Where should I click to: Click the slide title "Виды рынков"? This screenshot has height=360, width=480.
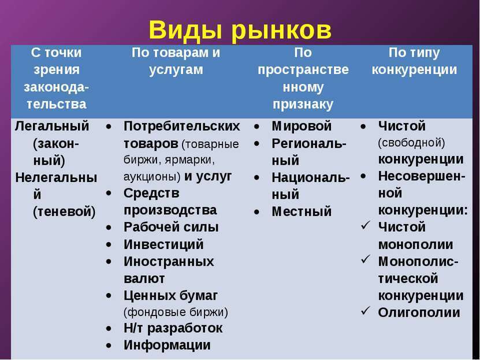240,30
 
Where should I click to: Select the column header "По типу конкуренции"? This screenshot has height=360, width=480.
414,61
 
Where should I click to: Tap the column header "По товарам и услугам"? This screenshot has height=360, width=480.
176,61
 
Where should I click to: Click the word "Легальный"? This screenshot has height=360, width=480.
52,127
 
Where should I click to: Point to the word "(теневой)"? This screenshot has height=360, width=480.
64,212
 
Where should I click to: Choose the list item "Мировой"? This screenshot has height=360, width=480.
302,126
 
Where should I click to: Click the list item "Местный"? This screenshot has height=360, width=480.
302,211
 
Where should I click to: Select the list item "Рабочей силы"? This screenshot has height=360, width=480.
171,227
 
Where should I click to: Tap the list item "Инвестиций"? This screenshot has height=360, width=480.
163,244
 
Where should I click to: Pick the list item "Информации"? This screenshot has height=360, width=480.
167,345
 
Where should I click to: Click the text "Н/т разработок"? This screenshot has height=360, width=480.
173,328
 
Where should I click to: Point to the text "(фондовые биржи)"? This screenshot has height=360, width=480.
176,312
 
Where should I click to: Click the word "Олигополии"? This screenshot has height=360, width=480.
419,313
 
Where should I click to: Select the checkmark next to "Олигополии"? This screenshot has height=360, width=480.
366,310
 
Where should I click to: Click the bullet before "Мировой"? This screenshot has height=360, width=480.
256,127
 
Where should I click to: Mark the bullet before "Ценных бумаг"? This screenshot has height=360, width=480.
109,296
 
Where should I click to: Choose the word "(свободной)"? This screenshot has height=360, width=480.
411,143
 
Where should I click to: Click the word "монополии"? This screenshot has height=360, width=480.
415,244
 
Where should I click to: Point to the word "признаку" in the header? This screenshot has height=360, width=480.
303,105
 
